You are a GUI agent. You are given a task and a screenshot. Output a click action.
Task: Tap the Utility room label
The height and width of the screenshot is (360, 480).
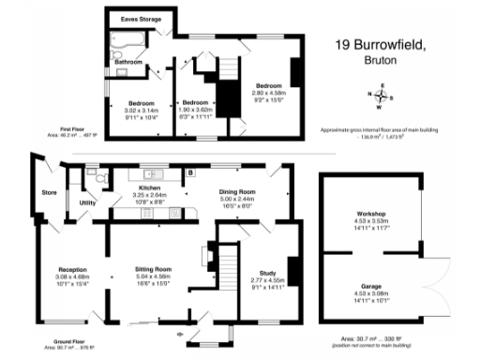click(x=89, y=202)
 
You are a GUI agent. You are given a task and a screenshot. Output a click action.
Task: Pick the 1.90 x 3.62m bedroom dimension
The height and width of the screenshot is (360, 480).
click(x=197, y=109)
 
